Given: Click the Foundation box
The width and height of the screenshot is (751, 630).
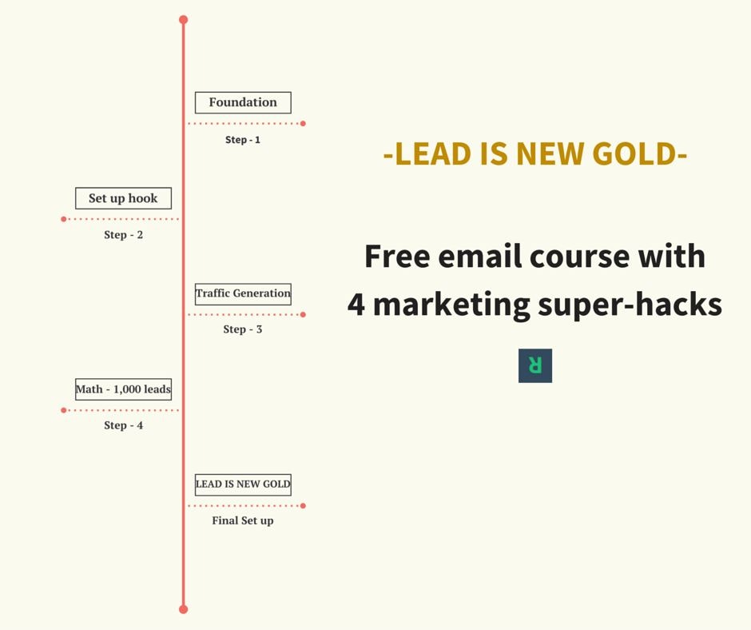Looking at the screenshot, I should [243, 102].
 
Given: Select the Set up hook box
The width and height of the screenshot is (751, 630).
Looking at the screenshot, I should [123, 198].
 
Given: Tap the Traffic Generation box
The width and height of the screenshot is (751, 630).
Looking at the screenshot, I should [243, 293].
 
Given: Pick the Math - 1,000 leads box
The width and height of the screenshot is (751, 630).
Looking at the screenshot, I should [123, 389].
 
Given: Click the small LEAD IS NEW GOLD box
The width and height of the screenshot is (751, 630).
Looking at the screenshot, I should [243, 484].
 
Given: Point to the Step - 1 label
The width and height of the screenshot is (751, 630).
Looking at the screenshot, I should [243, 140].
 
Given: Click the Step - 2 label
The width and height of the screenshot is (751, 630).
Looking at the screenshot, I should [123, 235].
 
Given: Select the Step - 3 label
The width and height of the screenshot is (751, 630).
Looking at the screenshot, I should [243, 329].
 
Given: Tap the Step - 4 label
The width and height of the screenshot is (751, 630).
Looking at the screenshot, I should [123, 425].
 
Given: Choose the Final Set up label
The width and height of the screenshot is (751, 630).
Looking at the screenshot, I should [243, 520].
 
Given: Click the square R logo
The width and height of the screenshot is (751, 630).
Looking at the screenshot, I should [535, 365].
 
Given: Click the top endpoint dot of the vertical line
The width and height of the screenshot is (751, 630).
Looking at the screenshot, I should [183, 19].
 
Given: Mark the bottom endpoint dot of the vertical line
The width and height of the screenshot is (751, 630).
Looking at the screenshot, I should [183, 609].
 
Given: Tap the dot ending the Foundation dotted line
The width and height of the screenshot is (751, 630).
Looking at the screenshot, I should [303, 123].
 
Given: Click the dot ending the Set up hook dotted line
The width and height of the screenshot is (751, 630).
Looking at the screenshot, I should [64, 219].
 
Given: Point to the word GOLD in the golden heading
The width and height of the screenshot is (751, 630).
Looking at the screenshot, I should [638, 154].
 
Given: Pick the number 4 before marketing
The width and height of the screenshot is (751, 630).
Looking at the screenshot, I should [356, 304].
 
